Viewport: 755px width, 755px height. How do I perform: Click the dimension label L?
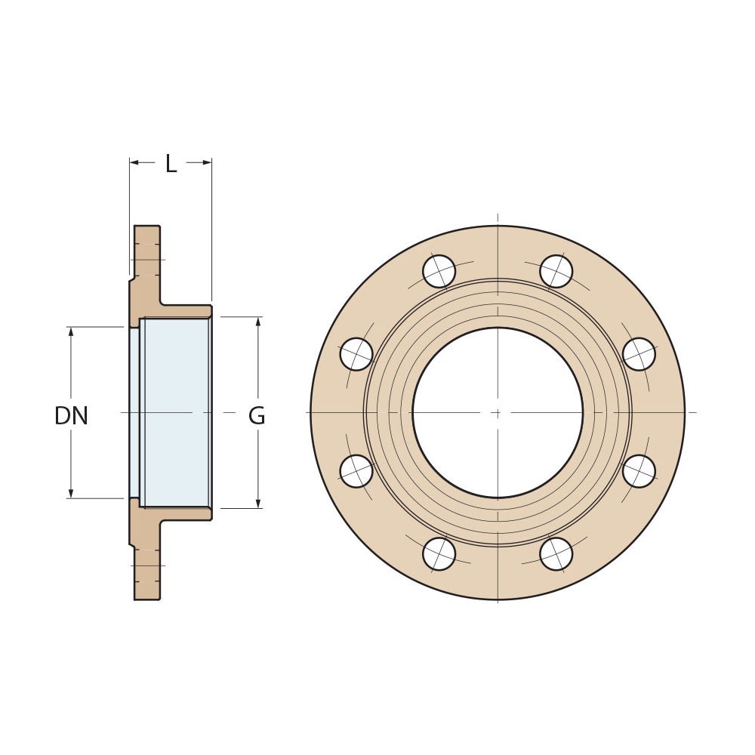(x=171, y=164)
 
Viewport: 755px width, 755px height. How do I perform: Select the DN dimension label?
(x=71, y=416)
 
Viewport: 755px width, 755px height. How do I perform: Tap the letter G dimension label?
(x=257, y=416)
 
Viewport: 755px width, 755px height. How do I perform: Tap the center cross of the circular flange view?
(x=497, y=412)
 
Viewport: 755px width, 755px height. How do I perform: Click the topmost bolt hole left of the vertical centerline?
(x=439, y=271)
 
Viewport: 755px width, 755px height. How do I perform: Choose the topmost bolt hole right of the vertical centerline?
(x=556, y=271)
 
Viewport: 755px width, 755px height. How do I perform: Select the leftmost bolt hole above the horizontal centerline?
(x=356, y=354)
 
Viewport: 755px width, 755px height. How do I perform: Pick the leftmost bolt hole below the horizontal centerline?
(x=356, y=471)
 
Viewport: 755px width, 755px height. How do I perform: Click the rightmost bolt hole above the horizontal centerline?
(x=639, y=354)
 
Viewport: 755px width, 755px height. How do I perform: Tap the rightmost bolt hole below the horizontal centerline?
(x=639, y=471)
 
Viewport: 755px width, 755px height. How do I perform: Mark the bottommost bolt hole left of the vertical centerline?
(x=439, y=554)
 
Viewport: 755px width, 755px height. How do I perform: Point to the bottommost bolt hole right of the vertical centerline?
(x=556, y=554)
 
